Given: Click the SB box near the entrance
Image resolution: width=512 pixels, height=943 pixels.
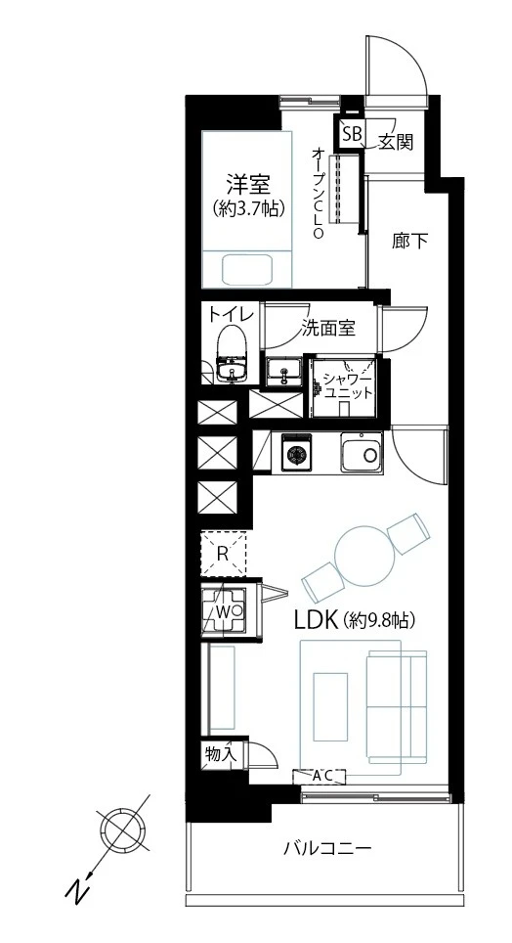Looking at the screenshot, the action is point(352,134).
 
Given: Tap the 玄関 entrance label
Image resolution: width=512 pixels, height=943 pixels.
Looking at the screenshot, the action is point(396,142).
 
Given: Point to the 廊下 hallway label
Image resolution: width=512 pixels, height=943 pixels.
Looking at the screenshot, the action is point(409,242).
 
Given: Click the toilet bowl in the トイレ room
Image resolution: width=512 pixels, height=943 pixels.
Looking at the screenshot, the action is point(232,342).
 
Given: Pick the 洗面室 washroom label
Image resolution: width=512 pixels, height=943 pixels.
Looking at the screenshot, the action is point(328,328).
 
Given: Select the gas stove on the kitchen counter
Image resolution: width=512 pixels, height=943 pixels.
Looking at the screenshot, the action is point(295,452).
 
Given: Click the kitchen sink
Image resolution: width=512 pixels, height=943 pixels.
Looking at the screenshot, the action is point(363,452).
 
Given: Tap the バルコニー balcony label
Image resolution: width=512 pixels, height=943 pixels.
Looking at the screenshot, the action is point(327,848).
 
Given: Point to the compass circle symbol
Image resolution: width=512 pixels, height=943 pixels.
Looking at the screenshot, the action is point(124,830).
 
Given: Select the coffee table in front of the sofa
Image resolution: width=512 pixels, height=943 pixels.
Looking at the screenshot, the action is point(330,706).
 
